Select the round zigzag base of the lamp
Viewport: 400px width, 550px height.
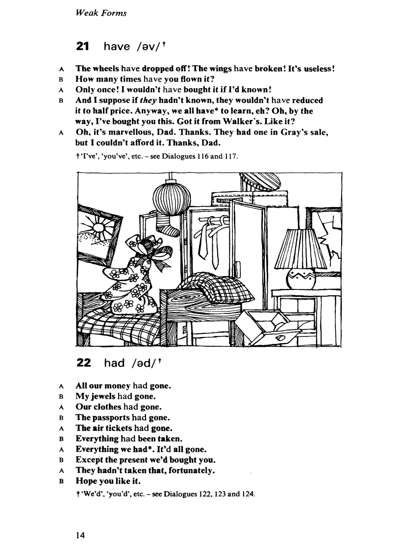301,279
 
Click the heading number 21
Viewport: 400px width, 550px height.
83,47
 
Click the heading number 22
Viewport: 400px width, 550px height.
84,363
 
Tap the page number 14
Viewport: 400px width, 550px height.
80,535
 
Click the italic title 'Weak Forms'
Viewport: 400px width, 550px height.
101,13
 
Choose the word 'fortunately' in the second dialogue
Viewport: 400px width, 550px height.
189,471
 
